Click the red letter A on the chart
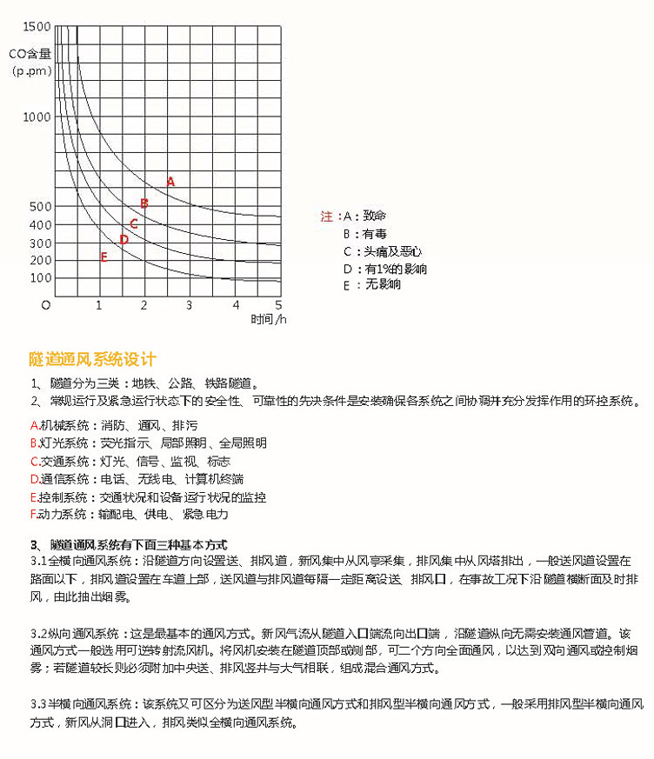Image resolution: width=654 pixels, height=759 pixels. [170, 182]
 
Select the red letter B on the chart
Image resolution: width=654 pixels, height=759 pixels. [144, 203]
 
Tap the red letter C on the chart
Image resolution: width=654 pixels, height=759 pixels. [134, 223]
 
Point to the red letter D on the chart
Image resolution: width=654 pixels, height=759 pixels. [124, 239]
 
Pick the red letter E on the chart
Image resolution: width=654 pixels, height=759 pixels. [103, 256]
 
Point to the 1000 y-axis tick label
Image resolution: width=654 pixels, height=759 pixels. [37, 115]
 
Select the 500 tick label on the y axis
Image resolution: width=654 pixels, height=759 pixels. [40, 206]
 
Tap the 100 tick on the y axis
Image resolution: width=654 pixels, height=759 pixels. [40, 278]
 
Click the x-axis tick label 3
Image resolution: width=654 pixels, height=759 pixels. [190, 304]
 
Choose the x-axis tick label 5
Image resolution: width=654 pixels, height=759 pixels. [279, 304]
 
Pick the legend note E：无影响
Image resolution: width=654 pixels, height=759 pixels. [372, 284]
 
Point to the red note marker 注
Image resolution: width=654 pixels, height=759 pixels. [327, 216]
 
